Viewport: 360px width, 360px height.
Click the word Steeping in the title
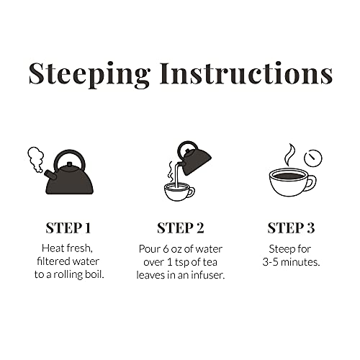[89, 75]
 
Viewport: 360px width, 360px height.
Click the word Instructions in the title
[246, 73]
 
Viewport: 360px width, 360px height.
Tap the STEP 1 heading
[68, 228]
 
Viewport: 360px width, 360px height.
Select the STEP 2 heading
[181, 228]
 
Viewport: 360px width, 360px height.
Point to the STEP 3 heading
[291, 228]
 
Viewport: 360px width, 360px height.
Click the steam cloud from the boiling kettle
[36, 159]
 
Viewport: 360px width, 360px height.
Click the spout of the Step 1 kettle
[50, 175]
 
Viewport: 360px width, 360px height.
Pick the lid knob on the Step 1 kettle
[70, 164]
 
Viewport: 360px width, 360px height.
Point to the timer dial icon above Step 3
[313, 158]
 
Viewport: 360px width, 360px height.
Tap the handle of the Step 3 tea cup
[312, 183]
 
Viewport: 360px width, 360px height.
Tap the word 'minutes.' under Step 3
[300, 262]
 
